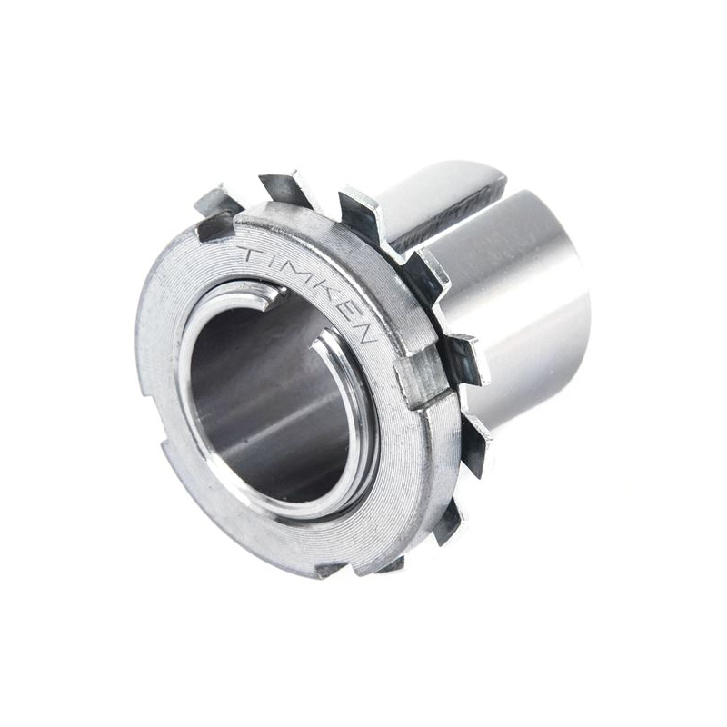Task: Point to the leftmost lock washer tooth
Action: pyautogui.click(x=214, y=202)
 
